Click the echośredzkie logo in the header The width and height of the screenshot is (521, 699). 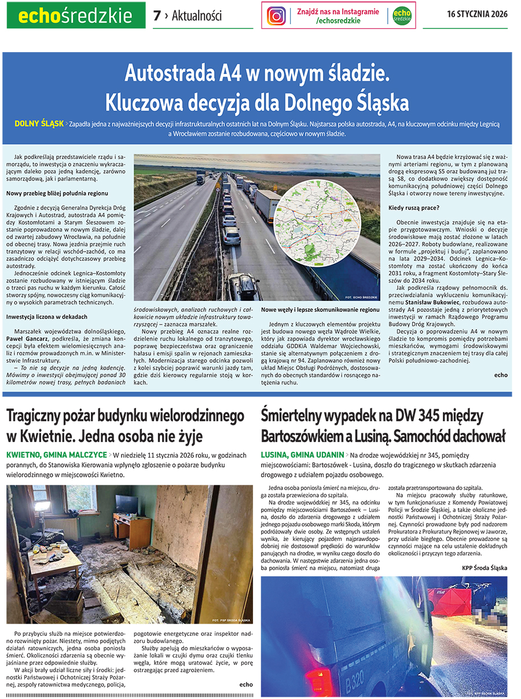click(x=76, y=16)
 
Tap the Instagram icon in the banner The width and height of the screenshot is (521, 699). click(x=276, y=16)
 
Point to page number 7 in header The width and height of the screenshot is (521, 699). click(x=156, y=16)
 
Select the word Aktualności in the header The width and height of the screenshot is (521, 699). click(x=196, y=16)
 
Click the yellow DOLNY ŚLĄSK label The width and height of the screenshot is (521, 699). click(x=39, y=124)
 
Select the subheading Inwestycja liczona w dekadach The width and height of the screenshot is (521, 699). click(x=47, y=317)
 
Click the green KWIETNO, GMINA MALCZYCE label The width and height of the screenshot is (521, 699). click(x=56, y=455)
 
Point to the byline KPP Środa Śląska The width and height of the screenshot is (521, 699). click(x=484, y=567)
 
